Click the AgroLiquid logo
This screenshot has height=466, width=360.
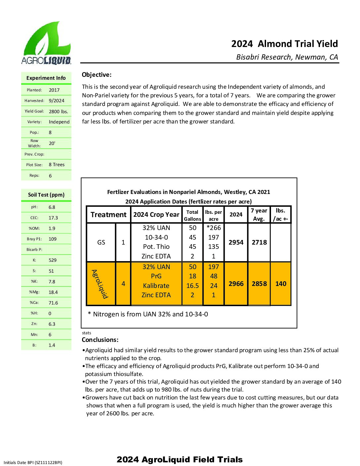[46, 43]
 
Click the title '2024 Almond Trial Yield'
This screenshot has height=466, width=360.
[284, 44]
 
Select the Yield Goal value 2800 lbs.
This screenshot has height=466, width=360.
[58, 111]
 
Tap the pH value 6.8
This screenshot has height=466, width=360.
[52, 207]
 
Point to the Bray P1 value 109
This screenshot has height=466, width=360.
[53, 239]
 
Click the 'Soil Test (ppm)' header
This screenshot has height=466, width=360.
[46, 195]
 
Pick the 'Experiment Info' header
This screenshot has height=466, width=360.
[46, 78]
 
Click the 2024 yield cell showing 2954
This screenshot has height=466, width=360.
[236, 242]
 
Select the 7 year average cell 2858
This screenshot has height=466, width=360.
[259, 284]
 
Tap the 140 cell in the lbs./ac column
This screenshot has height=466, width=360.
[281, 284]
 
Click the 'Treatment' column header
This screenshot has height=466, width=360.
[108, 214]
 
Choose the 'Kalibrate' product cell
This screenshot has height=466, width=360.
[156, 286]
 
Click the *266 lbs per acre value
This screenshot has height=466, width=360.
[213, 228]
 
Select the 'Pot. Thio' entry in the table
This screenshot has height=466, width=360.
[156, 247]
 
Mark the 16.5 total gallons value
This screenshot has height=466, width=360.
[193, 286]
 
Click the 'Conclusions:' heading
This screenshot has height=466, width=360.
[100, 340]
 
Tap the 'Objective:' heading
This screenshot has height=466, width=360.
[97, 75]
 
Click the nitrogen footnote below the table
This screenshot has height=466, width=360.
[148, 314]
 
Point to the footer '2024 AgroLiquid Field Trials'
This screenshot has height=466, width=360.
[180, 459]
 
